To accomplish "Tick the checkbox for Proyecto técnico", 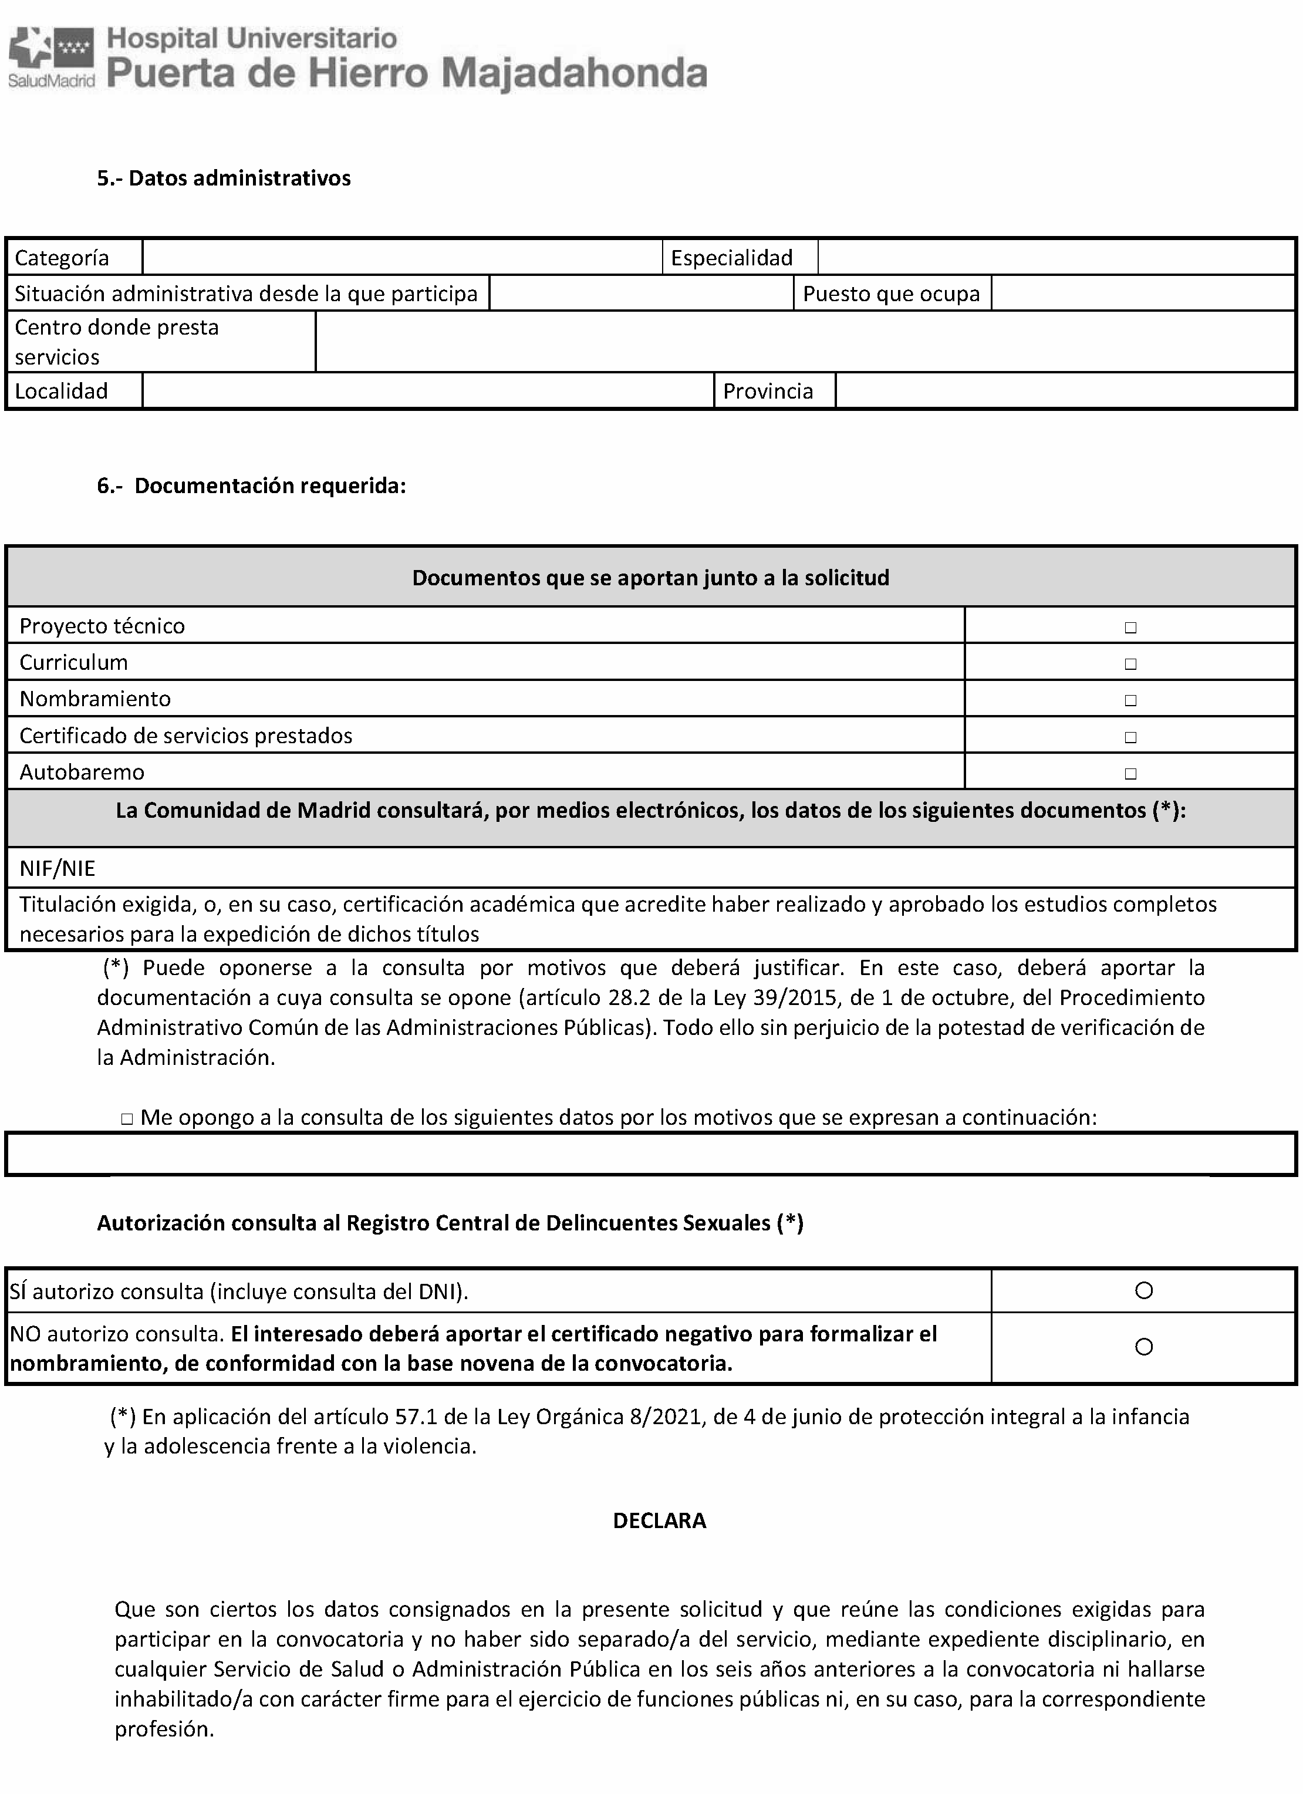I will tap(1130, 628).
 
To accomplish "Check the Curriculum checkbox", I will tap(1130, 664).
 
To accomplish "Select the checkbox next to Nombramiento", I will tap(1130, 700).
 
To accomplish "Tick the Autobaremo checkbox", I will tap(1130, 774).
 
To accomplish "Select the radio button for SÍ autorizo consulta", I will tap(1143, 1291).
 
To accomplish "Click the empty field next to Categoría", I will tap(401, 258).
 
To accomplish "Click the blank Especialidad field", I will tap(1055, 258).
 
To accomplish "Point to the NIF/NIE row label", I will tap(57, 868).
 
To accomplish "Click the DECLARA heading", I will tap(659, 1521).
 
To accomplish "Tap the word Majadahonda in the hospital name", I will tap(574, 73).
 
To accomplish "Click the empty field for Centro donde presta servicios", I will tap(804, 342).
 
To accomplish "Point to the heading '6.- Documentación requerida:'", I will tap(251, 485).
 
